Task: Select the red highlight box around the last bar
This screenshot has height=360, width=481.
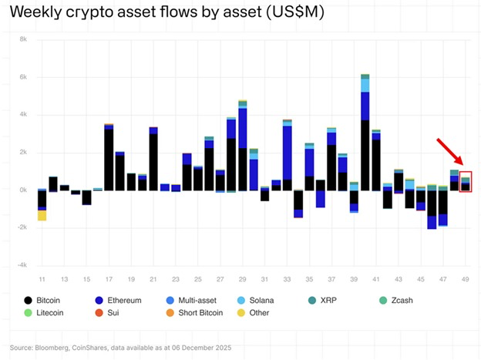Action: click(465, 182)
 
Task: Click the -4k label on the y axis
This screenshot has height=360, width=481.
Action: click(22, 265)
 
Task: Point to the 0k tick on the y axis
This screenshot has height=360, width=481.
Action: click(23, 190)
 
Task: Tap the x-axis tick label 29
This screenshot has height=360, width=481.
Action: click(242, 278)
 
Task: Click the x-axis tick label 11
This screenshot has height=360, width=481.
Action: click(42, 278)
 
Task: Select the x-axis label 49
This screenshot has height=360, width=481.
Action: click(465, 278)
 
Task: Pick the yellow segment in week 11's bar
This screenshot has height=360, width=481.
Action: click(42, 215)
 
